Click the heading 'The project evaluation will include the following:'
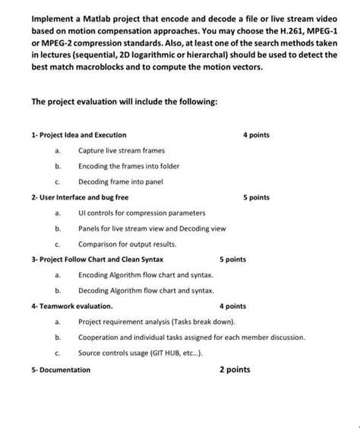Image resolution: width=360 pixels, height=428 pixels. tap(125, 102)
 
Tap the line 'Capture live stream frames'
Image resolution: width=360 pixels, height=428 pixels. tap(121, 150)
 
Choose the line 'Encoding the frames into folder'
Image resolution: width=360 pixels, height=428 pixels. tap(129, 166)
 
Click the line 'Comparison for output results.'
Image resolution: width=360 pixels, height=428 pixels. tap(127, 244)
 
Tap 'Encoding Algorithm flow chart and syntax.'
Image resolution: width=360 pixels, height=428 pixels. tap(145, 275)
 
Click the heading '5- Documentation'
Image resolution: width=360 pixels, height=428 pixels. tap(61, 370)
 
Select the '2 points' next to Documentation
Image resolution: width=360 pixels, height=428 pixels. tap(234, 370)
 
